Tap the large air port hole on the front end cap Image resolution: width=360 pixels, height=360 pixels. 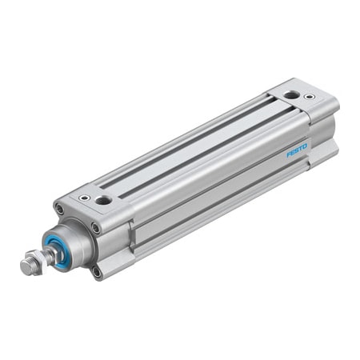pos(103,199)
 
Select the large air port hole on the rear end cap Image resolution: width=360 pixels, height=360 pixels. pos(290,95)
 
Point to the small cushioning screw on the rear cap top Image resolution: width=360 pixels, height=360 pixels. pos(310,98)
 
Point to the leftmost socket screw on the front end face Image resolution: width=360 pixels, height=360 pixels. pos(59,210)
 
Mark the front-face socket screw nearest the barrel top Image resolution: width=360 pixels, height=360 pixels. pos(96,228)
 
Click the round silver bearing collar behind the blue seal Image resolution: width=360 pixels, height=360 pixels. pos(76,240)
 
